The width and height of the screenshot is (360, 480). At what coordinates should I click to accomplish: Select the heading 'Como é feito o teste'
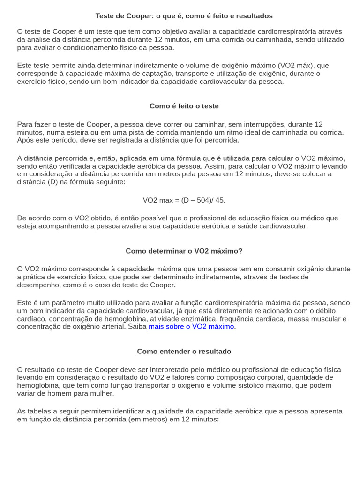pos(184,106)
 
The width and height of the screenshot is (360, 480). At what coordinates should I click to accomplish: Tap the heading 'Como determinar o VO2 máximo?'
pos(184,251)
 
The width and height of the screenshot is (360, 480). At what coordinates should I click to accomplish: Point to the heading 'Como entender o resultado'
pos(184,351)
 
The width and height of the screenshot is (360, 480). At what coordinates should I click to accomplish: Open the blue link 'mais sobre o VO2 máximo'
pos(191,326)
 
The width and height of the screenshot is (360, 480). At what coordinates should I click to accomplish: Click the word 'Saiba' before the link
pos(137,326)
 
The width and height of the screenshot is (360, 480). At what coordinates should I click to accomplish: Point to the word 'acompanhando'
pos(64,226)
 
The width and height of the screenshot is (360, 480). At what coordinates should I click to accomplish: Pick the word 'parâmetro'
pos(68,303)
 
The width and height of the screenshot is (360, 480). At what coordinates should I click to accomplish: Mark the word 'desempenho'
pos(37,285)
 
